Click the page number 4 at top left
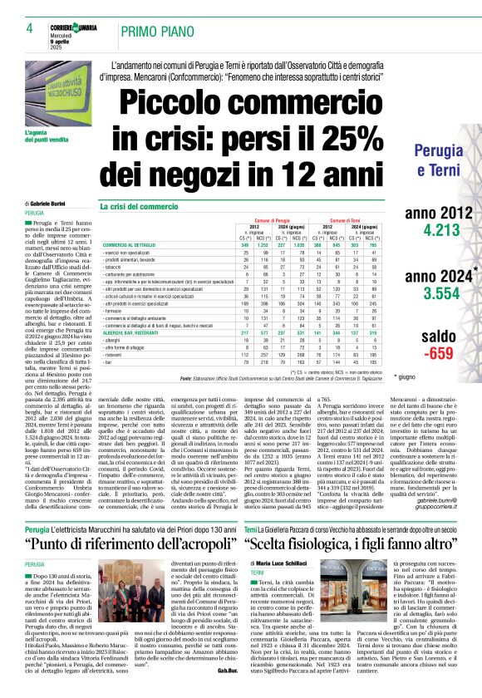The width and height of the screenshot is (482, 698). pyautogui.click(x=28, y=28)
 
